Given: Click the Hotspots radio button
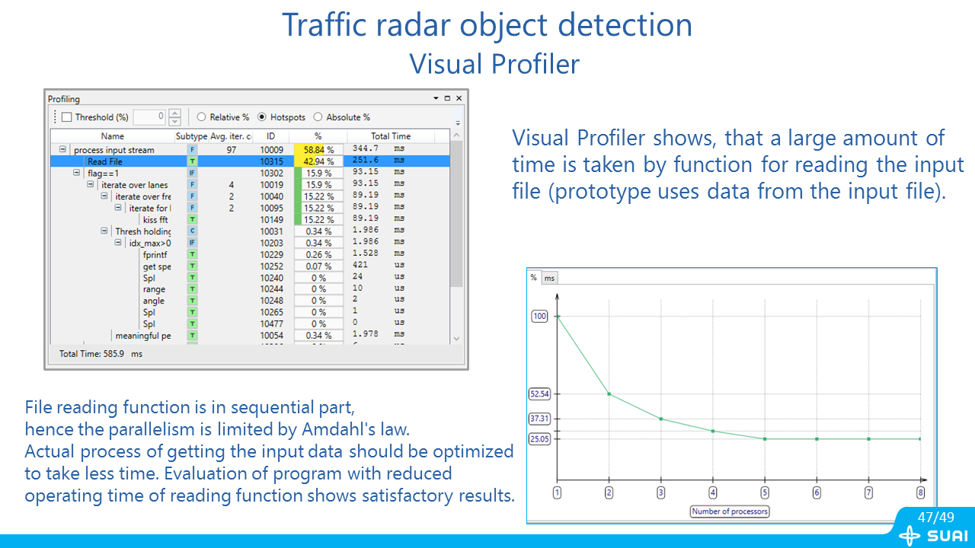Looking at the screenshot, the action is (x=261, y=117).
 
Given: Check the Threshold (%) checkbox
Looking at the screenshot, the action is (x=66, y=117).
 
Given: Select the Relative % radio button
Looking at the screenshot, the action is (x=201, y=117).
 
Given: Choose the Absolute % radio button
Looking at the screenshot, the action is (x=318, y=117).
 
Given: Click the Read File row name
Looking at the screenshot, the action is (x=105, y=161).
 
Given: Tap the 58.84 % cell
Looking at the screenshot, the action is (x=318, y=150).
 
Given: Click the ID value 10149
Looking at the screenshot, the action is (x=272, y=220).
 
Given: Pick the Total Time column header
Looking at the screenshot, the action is (x=391, y=136).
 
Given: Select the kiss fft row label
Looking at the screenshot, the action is (x=155, y=220).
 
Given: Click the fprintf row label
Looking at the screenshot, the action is (x=155, y=254).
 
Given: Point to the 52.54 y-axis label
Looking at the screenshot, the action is (x=539, y=394).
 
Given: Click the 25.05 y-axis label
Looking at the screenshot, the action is (x=539, y=439).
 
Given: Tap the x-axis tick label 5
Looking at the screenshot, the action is (x=765, y=492).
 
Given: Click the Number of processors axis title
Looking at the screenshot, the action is (x=730, y=511).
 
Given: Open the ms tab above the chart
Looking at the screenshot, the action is (x=549, y=278).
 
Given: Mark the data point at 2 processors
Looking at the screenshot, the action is (x=609, y=394).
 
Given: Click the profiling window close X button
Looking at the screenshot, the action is (x=459, y=98).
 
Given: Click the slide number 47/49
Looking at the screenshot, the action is (x=936, y=517).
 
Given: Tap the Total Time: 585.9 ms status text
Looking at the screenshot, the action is (x=101, y=354).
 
